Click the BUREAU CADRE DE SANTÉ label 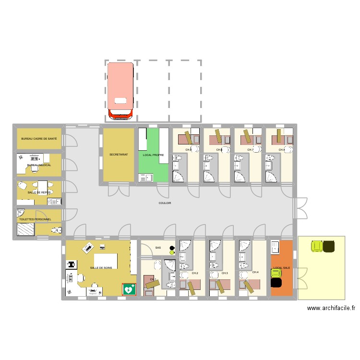[39, 138]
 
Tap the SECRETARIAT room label [119, 155]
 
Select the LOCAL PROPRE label [153, 155]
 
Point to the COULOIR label [165, 203]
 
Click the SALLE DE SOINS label [101, 268]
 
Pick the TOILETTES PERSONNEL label [35, 219]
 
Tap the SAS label [158, 248]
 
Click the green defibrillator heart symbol [129, 289]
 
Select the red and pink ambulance [120, 91]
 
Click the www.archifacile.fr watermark [331, 309]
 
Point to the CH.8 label [282, 150]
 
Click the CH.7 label [250, 150]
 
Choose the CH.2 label [195, 273]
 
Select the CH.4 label [255, 272]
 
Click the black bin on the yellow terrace [329, 246]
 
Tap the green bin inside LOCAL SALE [276, 274]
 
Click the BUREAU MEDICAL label [39, 165]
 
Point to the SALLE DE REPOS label [39, 192]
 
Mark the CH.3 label [225, 273]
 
